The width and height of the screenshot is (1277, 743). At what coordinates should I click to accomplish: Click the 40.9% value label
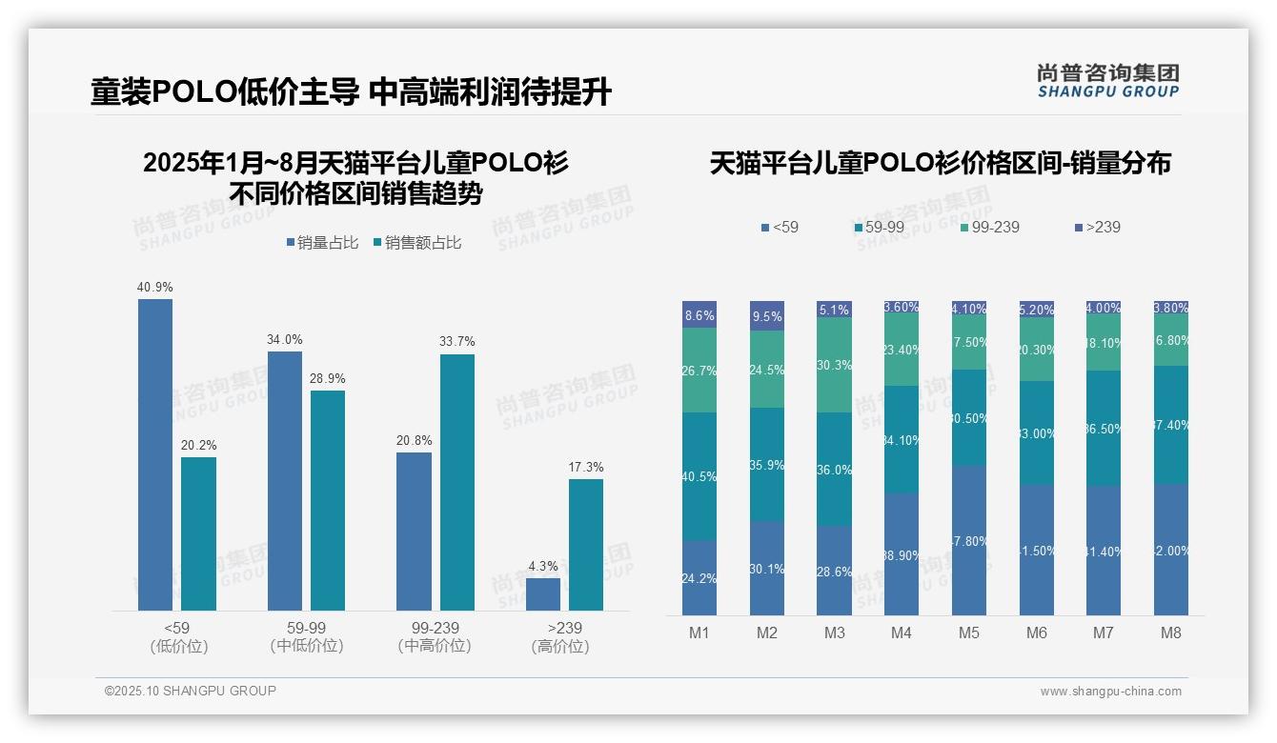click(x=155, y=287)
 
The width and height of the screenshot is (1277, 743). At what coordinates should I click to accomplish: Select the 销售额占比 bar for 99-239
click(x=456, y=482)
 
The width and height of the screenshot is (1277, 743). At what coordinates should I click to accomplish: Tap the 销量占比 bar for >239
click(x=543, y=593)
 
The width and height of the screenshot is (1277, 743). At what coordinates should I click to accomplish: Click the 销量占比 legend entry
click(x=322, y=243)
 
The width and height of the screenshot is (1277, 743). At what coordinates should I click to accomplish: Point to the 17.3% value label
click(x=586, y=467)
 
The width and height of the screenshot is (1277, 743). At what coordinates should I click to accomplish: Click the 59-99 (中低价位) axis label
click(x=306, y=637)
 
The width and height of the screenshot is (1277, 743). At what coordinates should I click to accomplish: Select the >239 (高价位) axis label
click(x=564, y=637)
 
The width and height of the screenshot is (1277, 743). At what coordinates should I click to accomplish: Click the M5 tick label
click(x=968, y=633)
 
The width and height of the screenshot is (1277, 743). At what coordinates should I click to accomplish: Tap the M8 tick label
click(x=1171, y=633)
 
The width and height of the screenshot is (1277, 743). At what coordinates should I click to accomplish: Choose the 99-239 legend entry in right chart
click(x=990, y=227)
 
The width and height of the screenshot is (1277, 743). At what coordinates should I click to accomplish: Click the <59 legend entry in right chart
click(x=780, y=227)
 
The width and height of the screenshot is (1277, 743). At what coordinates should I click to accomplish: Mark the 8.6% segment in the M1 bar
click(x=699, y=314)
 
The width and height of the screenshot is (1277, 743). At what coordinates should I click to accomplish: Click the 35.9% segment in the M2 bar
click(x=767, y=465)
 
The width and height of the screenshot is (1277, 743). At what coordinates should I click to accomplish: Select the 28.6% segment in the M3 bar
click(x=835, y=570)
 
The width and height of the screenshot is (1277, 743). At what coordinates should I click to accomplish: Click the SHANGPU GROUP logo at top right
click(x=1107, y=81)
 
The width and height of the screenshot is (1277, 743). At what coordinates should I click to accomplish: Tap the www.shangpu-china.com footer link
click(x=1110, y=692)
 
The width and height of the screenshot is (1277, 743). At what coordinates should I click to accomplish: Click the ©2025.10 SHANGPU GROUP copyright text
click(x=191, y=691)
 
